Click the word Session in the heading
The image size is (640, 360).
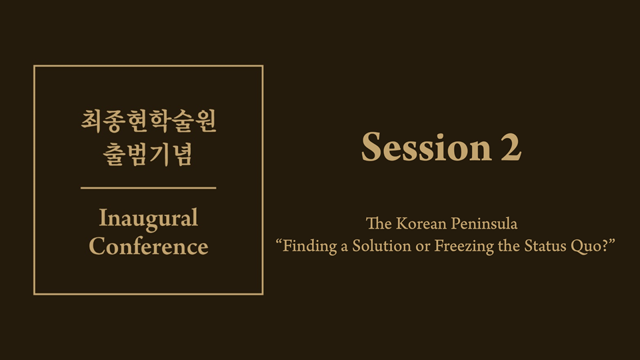pyautogui.click(x=427, y=147)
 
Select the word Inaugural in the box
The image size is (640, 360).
pyautogui.click(x=149, y=219)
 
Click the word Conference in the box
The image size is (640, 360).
pyautogui.click(x=149, y=246)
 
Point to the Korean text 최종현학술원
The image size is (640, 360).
pyautogui.click(x=149, y=121)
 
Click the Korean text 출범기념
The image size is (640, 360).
pyautogui.click(x=147, y=154)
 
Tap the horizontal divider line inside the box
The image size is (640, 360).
pyautogui.click(x=149, y=188)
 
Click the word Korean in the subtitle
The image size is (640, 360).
pyautogui.click(x=421, y=224)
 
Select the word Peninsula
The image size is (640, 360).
pyautogui.click(x=484, y=224)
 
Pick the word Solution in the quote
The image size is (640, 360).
pyautogui.click(x=381, y=246)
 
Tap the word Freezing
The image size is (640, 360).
pyautogui.click(x=464, y=246)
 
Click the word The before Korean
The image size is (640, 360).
pyautogui.click(x=379, y=224)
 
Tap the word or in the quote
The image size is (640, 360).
pyautogui.click(x=423, y=247)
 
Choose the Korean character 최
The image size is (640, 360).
pyautogui.click(x=91, y=121)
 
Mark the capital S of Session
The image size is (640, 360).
pyautogui.click(x=371, y=147)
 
